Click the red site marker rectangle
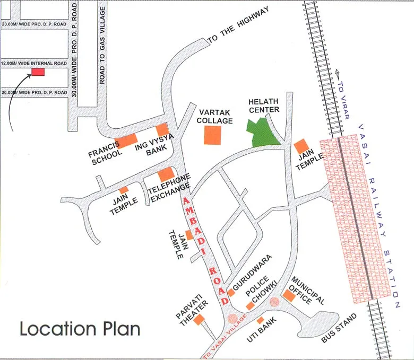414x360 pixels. click(38, 72)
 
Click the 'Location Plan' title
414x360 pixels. click(80, 329)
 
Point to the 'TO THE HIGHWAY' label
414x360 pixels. click(238, 25)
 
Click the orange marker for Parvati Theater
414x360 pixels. click(200, 319)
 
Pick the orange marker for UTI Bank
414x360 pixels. click(260, 321)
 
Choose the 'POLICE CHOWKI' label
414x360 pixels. click(263, 289)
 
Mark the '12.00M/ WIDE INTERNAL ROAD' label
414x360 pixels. click(33, 63)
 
